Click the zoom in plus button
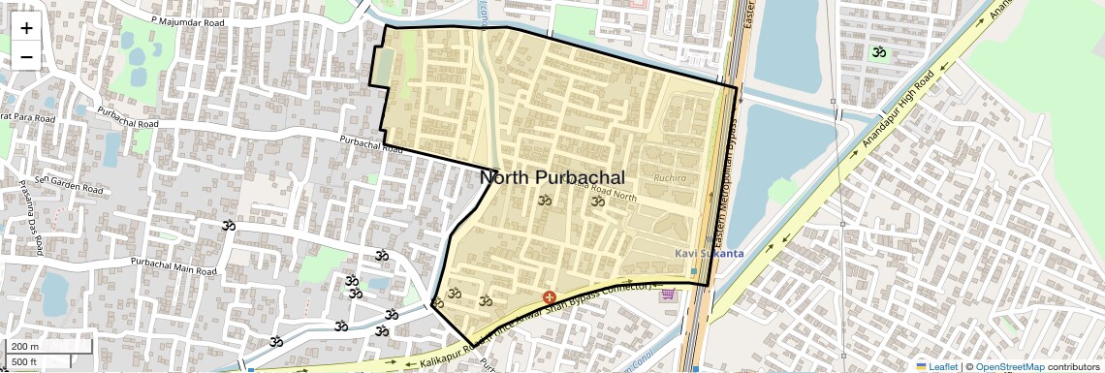tap(26, 27)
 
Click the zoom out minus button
tap(26, 56)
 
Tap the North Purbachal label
tap(552, 177)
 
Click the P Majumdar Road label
tap(188, 19)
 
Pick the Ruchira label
tap(669, 178)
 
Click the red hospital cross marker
tap(550, 296)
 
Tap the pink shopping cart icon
tap(667, 295)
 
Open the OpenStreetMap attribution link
tap(1010, 367)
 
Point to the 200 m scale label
tap(25, 346)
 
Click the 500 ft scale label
tap(25, 361)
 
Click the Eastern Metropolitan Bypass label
tap(733, 184)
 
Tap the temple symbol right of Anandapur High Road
tap(878, 51)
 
